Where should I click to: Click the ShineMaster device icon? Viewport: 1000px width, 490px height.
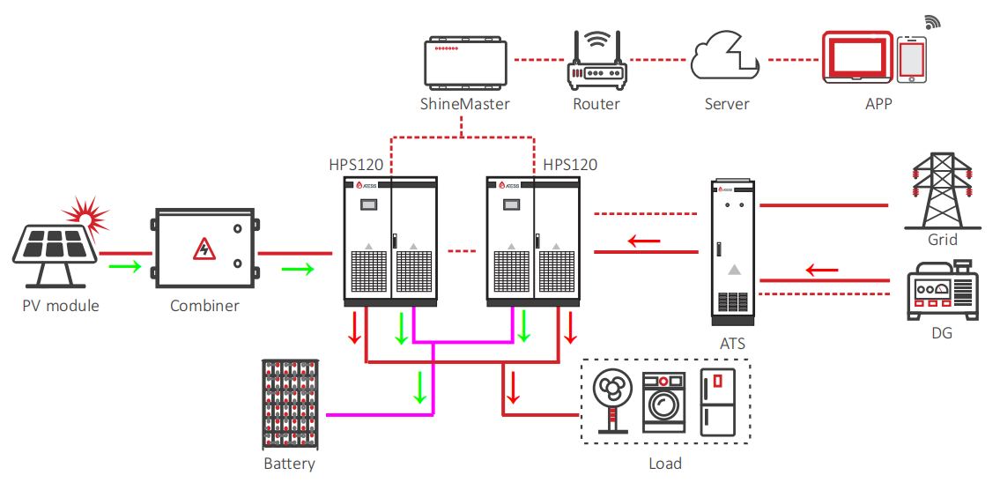pos(466,63)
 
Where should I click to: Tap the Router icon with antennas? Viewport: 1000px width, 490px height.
pos(596,62)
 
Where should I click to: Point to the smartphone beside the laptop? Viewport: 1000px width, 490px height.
pos(911,59)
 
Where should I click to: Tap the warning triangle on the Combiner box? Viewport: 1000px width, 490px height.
pos(204,249)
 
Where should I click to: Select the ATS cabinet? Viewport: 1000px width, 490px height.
pos(733,249)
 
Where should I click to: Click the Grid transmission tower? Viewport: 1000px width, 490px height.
pos(943,190)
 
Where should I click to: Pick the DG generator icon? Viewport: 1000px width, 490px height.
pos(943,290)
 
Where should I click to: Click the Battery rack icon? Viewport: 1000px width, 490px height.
pos(289,405)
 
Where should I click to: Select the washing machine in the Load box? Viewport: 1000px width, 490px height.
pos(664,403)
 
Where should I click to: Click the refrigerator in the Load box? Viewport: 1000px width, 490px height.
pos(717,402)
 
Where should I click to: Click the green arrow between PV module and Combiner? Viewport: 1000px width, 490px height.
pos(124,266)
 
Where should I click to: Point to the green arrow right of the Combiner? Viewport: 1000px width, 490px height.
pos(298,269)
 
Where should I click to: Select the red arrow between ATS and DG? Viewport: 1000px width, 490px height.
pos(822,270)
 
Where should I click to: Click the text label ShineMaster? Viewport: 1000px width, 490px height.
pos(465,104)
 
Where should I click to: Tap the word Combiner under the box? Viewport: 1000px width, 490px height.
pos(204,306)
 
